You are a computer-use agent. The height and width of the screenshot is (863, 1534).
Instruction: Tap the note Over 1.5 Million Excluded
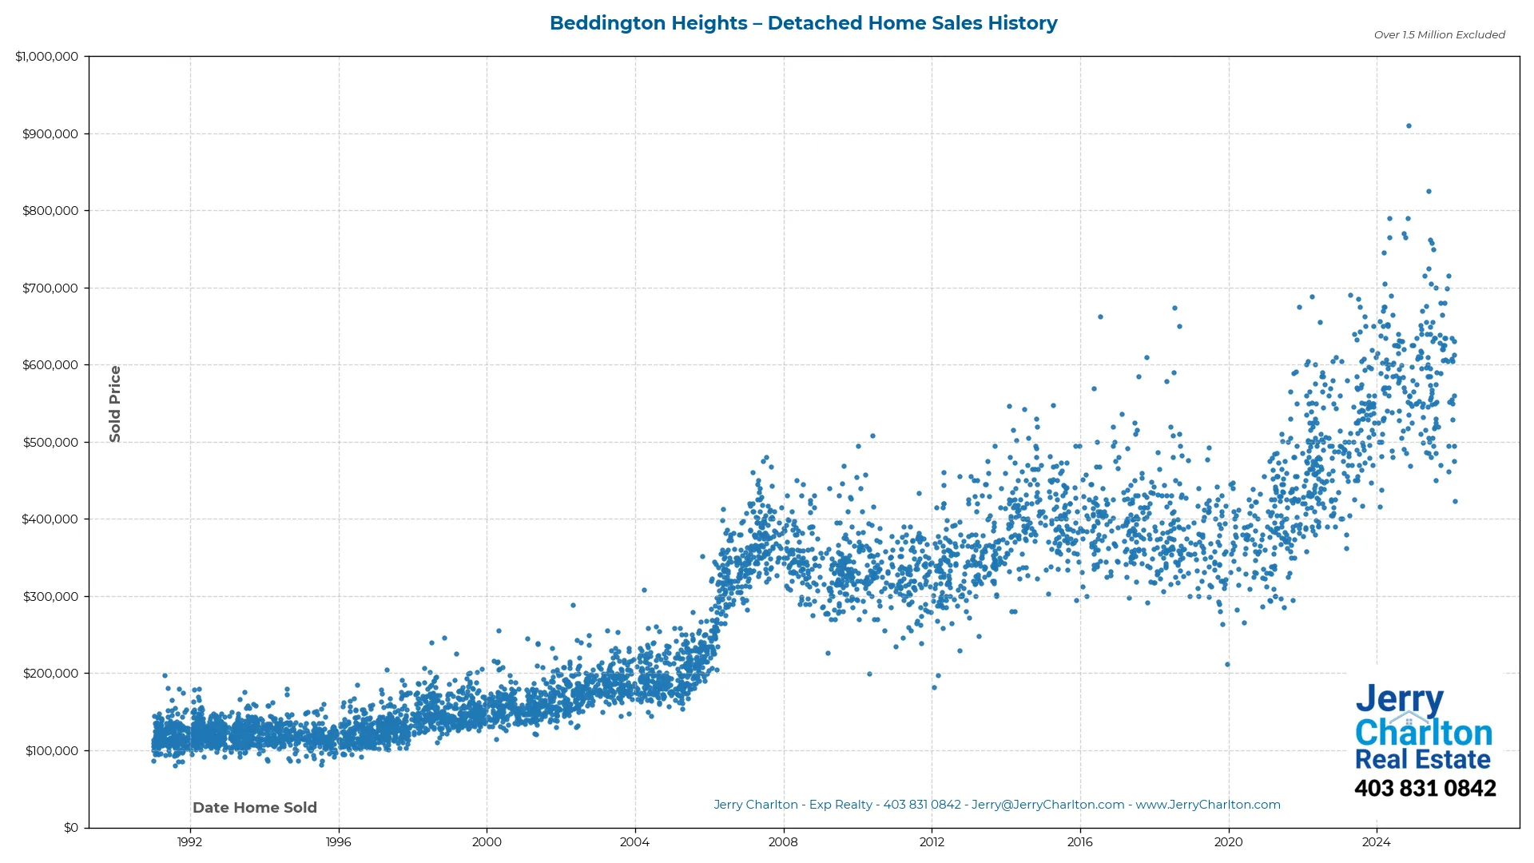pyautogui.click(x=1439, y=35)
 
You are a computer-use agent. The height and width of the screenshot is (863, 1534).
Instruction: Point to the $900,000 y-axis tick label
pyautogui.click(x=50, y=134)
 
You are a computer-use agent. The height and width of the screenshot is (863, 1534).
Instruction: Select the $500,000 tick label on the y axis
pyautogui.click(x=50, y=443)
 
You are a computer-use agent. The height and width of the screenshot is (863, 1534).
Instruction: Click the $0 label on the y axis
pyautogui.click(x=71, y=828)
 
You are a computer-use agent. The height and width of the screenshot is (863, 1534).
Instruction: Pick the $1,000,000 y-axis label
pyautogui.click(x=47, y=57)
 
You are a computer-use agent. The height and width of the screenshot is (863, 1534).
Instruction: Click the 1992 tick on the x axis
pyautogui.click(x=189, y=842)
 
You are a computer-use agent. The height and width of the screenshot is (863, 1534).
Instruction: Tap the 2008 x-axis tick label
pyautogui.click(x=783, y=842)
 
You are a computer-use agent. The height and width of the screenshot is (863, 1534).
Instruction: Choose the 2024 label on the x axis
pyautogui.click(x=1376, y=842)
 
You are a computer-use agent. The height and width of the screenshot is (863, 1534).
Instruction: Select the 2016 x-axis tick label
pyautogui.click(x=1079, y=842)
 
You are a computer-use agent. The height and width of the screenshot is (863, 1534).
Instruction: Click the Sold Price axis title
pyautogui.click(x=115, y=404)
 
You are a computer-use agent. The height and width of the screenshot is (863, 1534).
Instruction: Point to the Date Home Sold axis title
pyautogui.click(x=255, y=808)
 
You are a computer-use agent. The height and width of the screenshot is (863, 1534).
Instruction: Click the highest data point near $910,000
pyautogui.click(x=1409, y=126)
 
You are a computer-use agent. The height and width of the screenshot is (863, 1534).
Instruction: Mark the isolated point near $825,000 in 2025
pyautogui.click(x=1429, y=192)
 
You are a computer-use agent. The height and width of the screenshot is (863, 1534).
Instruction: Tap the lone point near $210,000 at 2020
pyautogui.click(x=1227, y=665)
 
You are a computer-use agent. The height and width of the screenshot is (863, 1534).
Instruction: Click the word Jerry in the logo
pyautogui.click(x=1399, y=700)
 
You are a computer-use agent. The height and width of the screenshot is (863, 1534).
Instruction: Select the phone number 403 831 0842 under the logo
pyautogui.click(x=1425, y=789)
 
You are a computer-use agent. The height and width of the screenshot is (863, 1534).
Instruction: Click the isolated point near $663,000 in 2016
pyautogui.click(x=1100, y=317)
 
